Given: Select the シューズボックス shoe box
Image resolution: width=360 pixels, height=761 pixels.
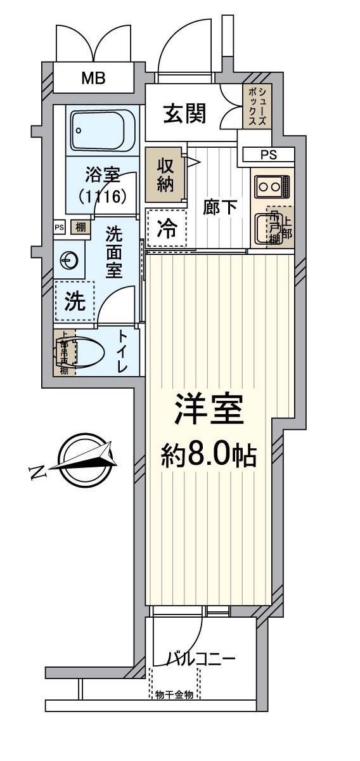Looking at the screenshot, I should tap(258, 106).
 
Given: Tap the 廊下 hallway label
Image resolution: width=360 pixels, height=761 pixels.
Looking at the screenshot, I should tap(220, 207).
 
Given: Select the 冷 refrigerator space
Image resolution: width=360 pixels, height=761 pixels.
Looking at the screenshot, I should tap(167, 228).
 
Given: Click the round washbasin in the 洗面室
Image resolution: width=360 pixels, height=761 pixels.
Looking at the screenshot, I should tap(68, 261).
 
